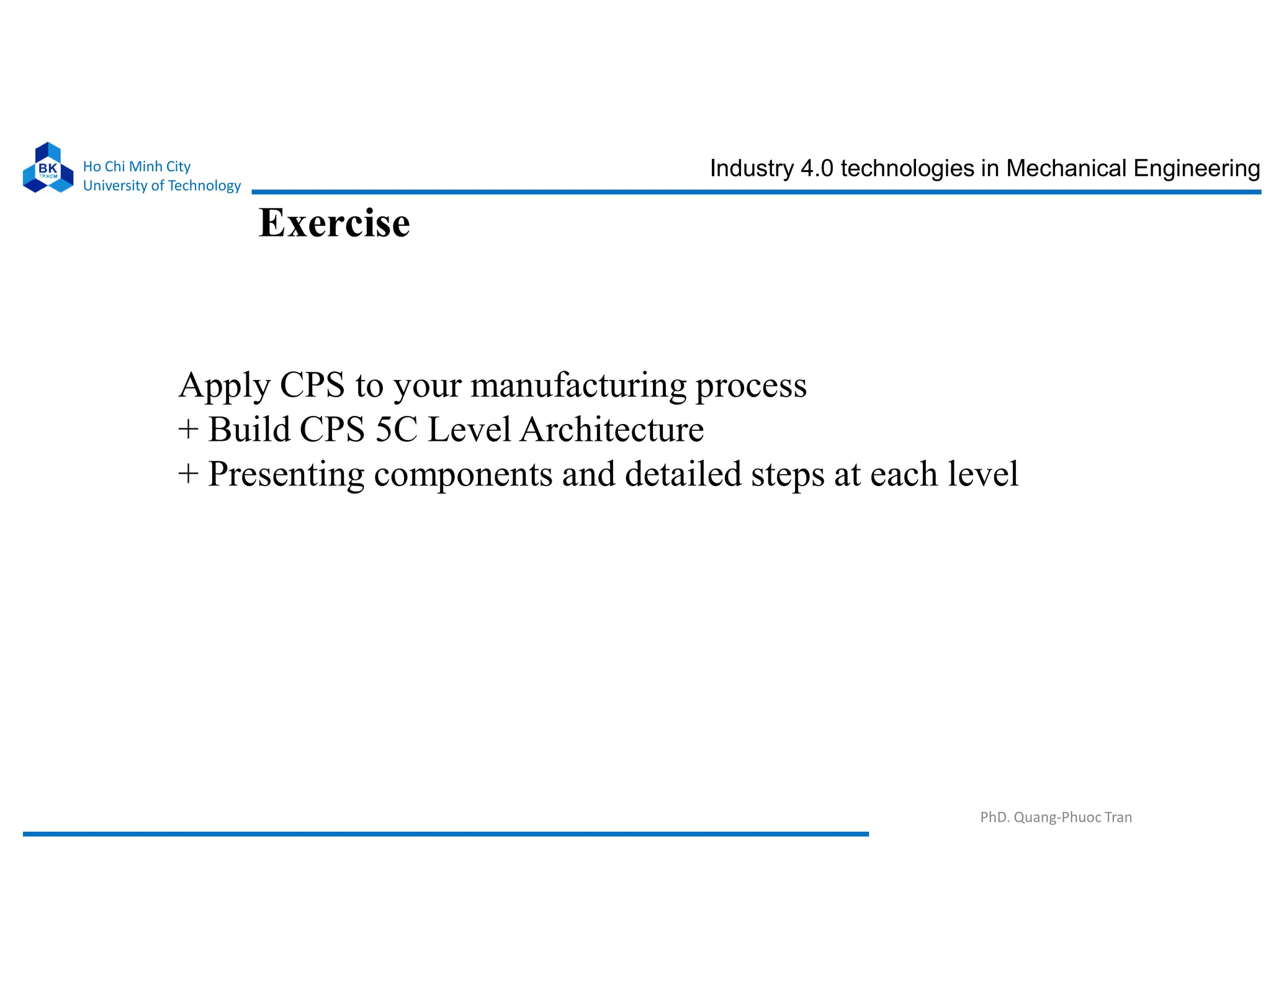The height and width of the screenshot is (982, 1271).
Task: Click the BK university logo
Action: click(48, 168)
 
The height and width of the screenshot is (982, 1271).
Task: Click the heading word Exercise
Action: click(334, 223)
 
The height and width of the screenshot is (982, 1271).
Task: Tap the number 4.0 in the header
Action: click(817, 168)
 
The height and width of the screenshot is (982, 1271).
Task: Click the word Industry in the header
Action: click(751, 169)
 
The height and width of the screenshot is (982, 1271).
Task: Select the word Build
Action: click(249, 429)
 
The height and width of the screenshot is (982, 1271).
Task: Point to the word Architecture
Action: click(612, 429)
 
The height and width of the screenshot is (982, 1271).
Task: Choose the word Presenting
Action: click(286, 475)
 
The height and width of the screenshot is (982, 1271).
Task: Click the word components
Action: click(463, 475)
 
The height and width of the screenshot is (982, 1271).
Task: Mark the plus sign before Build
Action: click(188, 430)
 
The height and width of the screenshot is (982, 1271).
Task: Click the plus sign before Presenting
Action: click(188, 474)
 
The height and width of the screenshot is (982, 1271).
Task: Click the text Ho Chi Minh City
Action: click(137, 166)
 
